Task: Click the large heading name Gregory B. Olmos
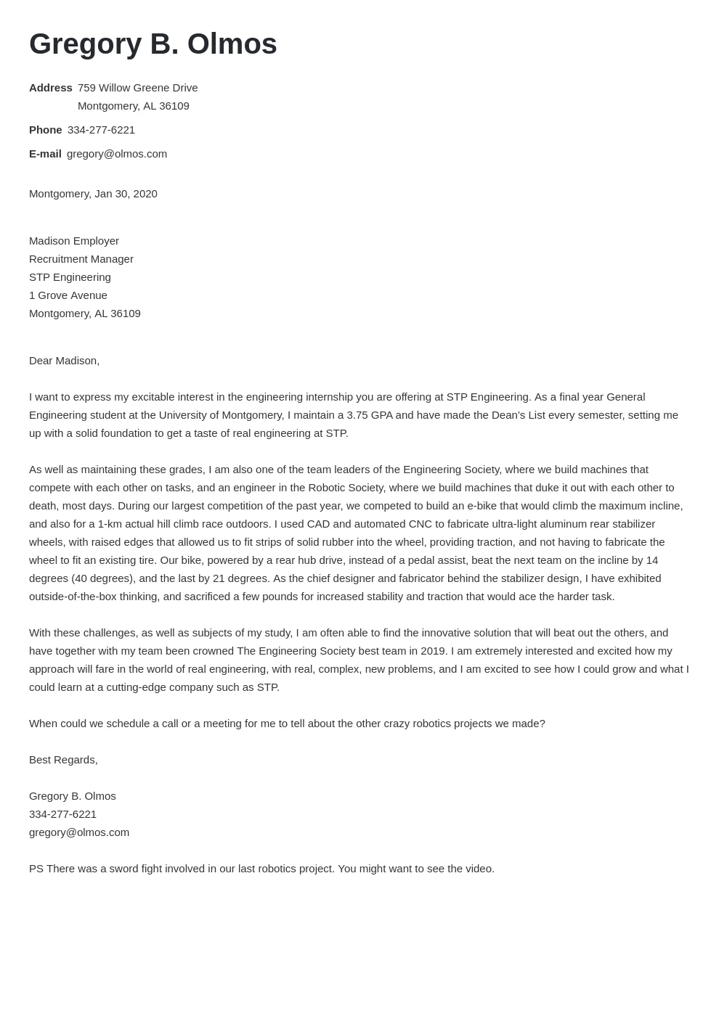153,44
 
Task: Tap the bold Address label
50,88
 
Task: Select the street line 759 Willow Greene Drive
137,88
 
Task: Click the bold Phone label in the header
45,130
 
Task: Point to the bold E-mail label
45,154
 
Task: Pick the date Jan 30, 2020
126,194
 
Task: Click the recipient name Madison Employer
73,241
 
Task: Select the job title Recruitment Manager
81,259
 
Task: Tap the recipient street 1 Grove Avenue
68,295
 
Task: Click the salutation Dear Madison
64,361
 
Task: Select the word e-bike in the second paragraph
482,506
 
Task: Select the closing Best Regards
62,760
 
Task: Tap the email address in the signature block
78,832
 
